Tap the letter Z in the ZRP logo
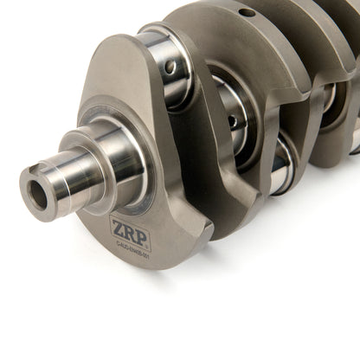pyautogui.click(x=115, y=230)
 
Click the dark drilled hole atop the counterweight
pyautogui.click(x=247, y=13)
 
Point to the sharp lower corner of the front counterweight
pyautogui.click(x=204, y=232)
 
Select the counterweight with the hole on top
pyautogui.click(x=251, y=52)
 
